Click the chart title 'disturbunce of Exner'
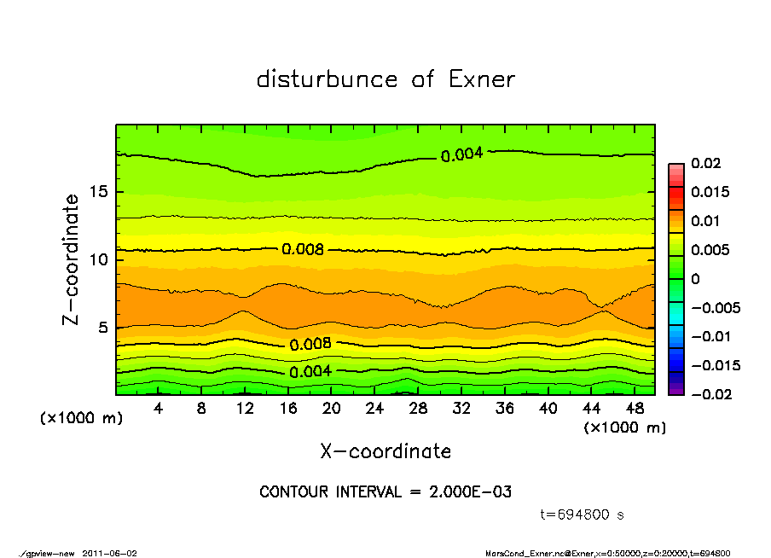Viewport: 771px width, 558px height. point(385,80)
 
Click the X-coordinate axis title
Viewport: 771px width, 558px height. point(385,451)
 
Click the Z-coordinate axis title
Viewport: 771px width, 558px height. point(72,259)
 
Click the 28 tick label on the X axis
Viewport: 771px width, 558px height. point(418,409)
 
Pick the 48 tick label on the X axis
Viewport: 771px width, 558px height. point(635,409)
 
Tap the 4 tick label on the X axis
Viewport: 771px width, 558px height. point(158,409)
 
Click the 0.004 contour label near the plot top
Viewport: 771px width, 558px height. point(462,154)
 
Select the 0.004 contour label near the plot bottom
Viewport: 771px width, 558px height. point(310,372)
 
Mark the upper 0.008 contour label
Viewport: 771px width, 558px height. point(303,249)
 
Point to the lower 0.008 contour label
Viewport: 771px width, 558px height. point(310,345)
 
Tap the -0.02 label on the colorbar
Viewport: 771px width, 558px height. point(710,394)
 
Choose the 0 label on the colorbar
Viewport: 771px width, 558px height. point(696,279)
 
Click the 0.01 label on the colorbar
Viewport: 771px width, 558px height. point(704,221)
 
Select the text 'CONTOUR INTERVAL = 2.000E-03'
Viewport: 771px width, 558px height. point(385,492)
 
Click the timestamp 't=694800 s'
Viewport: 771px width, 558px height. point(583,514)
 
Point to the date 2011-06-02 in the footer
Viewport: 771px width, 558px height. point(109,553)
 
